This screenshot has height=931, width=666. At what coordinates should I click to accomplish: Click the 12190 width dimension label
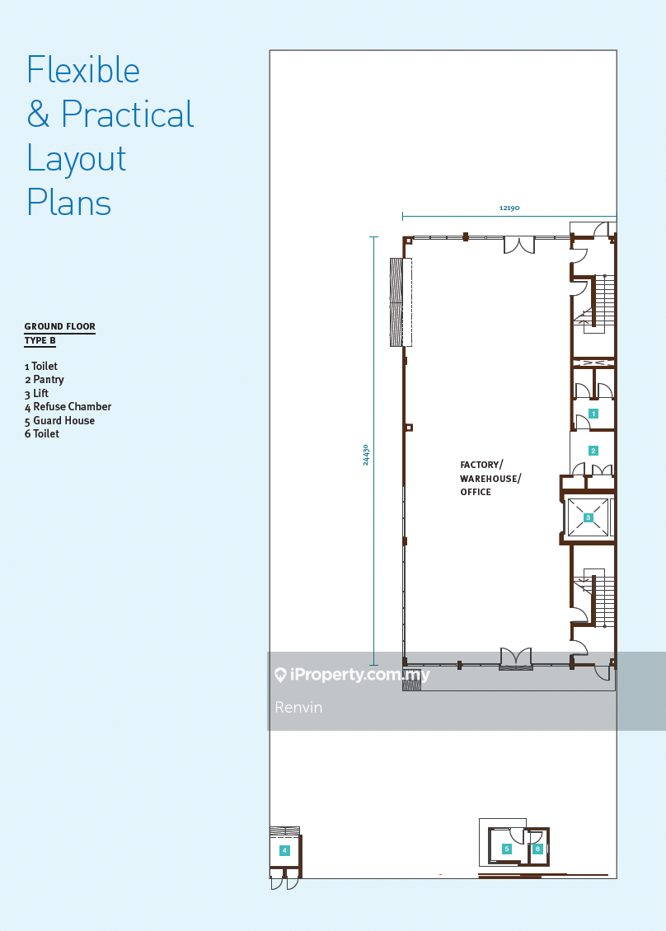[509, 208]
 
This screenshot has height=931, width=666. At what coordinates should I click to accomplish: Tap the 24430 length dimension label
[365, 455]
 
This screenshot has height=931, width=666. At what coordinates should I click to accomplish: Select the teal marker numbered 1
[593, 414]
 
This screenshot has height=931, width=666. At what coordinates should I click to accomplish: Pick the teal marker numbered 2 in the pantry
[593, 451]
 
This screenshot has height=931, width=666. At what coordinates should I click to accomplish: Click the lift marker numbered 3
[589, 517]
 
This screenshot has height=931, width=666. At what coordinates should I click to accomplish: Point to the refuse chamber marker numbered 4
[284, 850]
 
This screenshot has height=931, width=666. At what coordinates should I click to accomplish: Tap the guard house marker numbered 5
[507, 849]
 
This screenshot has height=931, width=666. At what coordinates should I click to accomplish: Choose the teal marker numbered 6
[537, 849]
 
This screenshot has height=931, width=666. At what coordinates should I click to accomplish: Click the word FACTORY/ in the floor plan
[481, 465]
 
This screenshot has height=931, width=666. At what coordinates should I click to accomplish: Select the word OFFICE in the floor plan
[476, 492]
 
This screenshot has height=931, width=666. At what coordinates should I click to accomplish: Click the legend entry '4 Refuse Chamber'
[68, 407]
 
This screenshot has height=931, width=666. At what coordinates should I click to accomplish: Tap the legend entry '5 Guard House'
[59, 420]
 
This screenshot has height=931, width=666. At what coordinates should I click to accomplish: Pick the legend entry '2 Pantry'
[44, 380]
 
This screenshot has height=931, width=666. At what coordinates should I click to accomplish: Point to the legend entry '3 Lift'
[36, 393]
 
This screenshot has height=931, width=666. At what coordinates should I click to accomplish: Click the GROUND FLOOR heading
[59, 326]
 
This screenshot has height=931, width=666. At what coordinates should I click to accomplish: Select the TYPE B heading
[40, 341]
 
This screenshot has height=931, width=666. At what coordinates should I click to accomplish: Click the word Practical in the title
[128, 114]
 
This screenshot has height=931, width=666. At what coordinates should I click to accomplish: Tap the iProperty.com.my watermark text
[359, 675]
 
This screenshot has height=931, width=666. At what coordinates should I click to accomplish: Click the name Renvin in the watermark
[298, 707]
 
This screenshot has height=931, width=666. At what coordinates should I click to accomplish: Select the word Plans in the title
[69, 203]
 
